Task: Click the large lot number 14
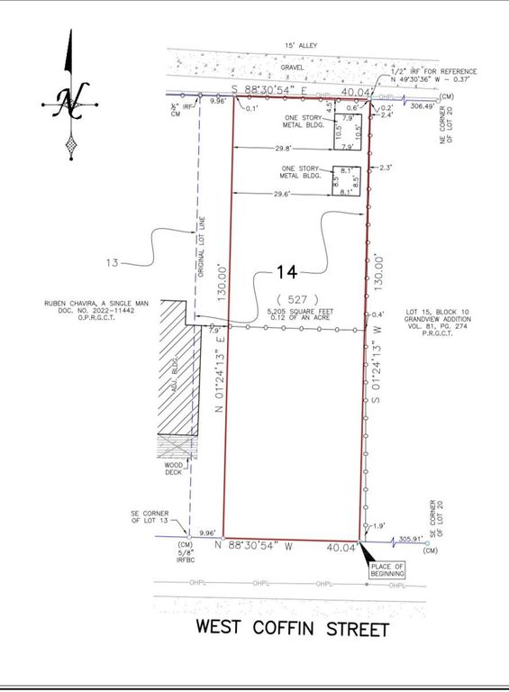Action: click(286, 271)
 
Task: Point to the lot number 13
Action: click(113, 263)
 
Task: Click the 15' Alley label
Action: click(295, 44)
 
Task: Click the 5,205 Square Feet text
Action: click(292, 312)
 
